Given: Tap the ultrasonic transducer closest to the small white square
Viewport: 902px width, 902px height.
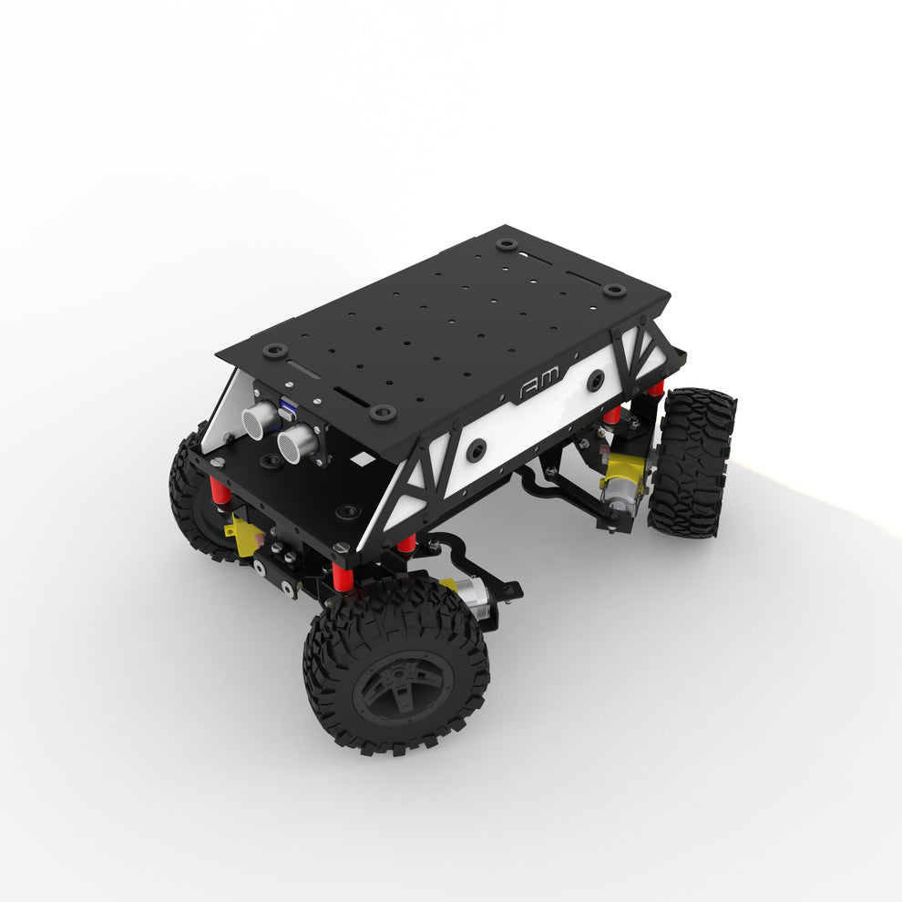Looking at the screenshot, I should tap(297, 443).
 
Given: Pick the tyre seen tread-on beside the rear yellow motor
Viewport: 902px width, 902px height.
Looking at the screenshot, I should tap(692, 462).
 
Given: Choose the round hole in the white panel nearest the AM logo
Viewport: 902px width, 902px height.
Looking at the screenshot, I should tap(595, 381).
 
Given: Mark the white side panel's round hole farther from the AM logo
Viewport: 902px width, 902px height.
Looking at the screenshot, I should tap(476, 448).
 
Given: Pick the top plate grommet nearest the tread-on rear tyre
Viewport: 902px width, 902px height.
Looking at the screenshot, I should tap(614, 291).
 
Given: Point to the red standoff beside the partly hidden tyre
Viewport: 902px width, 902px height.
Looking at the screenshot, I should tap(219, 492).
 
